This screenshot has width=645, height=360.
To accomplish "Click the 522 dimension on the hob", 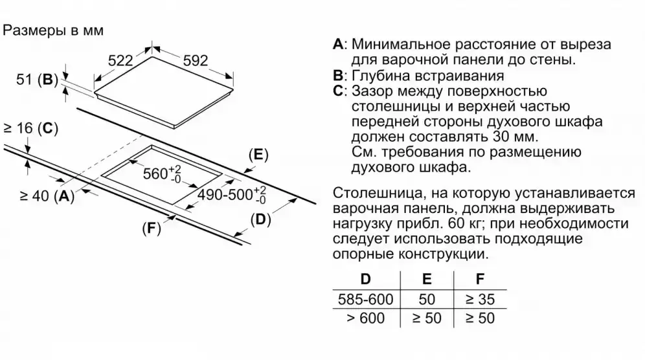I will [120, 61].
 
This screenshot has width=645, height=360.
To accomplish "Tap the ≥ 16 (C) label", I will [30, 129].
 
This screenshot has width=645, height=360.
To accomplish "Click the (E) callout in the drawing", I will [258, 154].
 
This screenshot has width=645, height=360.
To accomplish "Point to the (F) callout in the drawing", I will [151, 229].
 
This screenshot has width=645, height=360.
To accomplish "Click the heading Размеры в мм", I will [54, 30].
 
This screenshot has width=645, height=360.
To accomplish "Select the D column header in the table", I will [366, 280].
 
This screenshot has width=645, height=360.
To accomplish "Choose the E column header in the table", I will [427, 280].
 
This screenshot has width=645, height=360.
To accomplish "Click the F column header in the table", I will [479, 280].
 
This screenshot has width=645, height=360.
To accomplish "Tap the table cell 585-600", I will [366, 300].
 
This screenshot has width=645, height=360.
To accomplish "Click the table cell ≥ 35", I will [479, 300].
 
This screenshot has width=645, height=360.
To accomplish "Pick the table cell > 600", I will [366, 319].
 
